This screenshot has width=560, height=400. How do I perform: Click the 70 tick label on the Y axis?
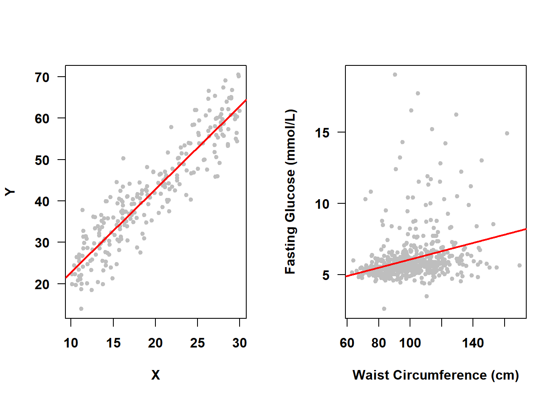click(42, 77)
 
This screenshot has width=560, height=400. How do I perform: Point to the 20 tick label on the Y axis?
click(42, 285)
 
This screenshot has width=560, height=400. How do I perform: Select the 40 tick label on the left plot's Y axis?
click(42, 202)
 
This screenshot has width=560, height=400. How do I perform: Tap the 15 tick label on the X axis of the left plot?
click(113, 343)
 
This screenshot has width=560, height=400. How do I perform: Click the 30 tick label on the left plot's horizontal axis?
click(240, 343)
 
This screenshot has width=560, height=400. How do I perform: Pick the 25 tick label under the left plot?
click(197, 343)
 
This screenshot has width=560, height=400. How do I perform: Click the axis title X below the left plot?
click(155, 375)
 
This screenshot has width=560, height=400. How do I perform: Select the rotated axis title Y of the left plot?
click(10, 192)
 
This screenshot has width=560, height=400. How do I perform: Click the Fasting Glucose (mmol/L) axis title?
click(290, 192)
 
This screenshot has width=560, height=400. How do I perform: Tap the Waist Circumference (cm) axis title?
click(435, 375)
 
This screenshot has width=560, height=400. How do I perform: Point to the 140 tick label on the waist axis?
click(473, 343)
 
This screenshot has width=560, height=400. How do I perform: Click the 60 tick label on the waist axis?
click(347, 343)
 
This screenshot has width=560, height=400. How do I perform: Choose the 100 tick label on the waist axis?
click(410, 343)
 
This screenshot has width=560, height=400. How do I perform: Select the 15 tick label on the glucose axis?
click(322, 133)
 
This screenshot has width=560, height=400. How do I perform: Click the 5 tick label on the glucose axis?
click(326, 275)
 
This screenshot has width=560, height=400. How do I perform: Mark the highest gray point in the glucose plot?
click(395, 75)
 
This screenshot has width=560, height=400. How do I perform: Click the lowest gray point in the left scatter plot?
click(81, 309)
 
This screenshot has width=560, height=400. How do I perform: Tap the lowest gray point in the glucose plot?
click(384, 309)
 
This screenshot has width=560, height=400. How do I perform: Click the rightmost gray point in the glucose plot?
click(520, 265)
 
